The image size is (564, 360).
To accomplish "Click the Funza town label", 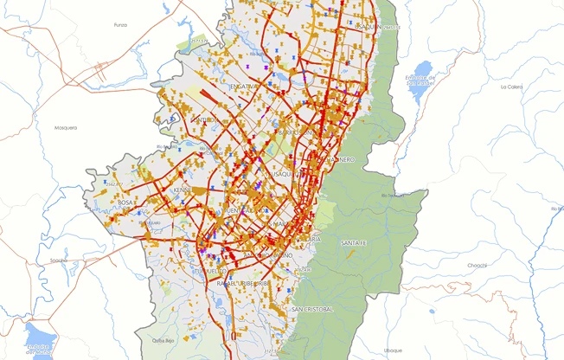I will click(120, 25).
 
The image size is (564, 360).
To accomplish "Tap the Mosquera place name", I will click(66, 128).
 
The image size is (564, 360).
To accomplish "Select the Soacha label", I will click(59, 260).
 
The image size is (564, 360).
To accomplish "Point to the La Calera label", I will click(511, 87).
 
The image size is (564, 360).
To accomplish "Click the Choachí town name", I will click(477, 267).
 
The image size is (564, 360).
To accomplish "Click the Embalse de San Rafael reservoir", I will click(422, 73).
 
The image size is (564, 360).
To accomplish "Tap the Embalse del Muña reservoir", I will click(39, 339).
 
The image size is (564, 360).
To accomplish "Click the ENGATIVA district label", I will click(244, 87).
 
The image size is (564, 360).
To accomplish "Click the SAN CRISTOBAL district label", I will click(311, 309).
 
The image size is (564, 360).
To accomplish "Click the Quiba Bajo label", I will click(164, 340).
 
